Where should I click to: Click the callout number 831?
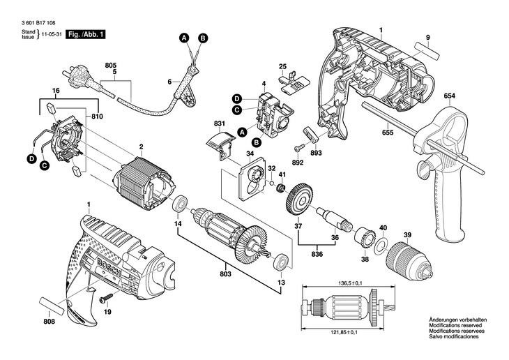[x=220, y=124]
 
